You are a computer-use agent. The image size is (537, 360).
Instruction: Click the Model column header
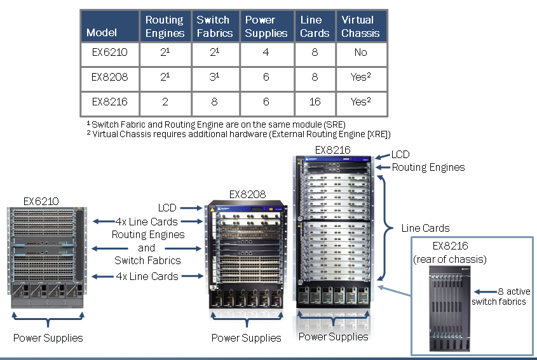point(102,32)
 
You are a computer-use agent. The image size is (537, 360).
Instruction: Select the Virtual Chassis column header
point(360,27)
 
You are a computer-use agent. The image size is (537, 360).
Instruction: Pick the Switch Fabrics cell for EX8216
point(215,102)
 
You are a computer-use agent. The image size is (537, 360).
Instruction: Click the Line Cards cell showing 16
point(315,102)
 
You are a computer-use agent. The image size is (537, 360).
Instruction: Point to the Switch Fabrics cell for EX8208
point(215,77)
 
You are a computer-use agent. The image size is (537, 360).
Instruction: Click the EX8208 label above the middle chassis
point(247,194)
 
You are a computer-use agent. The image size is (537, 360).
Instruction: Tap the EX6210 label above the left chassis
point(41,201)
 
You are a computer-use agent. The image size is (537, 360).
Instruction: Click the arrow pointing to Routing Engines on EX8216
point(383,168)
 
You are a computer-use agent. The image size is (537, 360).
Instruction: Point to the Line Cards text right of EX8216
point(425,228)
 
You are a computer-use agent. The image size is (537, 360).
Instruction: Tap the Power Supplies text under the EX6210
point(48,338)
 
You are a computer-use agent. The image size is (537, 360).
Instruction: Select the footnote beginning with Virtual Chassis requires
point(238,134)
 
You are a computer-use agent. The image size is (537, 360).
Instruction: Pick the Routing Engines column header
point(165,27)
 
